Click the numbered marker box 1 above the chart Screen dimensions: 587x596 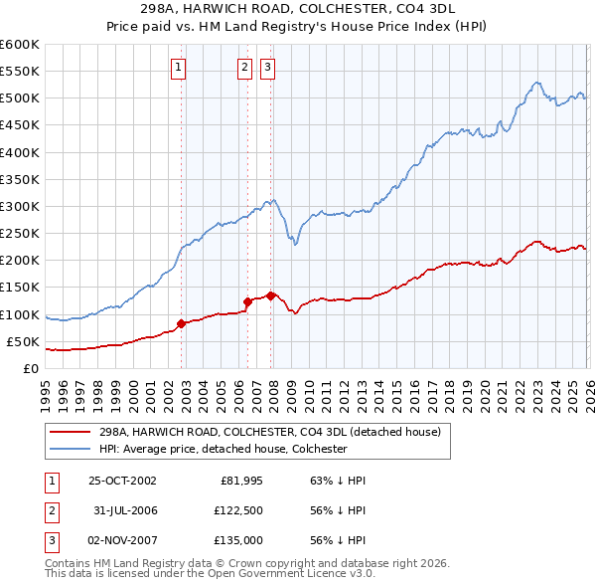tap(178, 68)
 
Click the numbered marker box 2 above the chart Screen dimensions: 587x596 tap(244, 68)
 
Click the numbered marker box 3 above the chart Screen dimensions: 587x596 tap(268, 68)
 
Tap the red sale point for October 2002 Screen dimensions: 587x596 tap(181, 323)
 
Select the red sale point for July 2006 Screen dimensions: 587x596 tap(247, 301)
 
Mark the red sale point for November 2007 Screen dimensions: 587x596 tap(271, 294)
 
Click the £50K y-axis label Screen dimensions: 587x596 tap(23, 341)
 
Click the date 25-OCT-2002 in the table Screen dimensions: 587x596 tap(122, 481)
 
